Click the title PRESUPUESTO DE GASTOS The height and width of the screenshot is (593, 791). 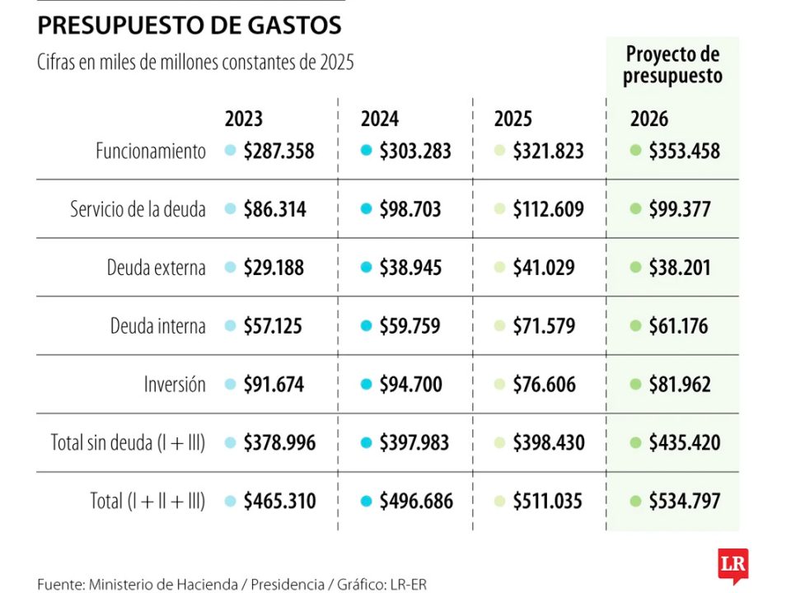pyautogui.click(x=189, y=26)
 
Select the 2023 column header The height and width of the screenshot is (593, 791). pyautogui.click(x=244, y=119)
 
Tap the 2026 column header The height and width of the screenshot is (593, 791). pyautogui.click(x=649, y=119)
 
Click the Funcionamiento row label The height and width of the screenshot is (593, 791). pyautogui.click(x=150, y=152)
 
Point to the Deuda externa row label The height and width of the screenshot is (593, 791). pyautogui.click(x=156, y=268)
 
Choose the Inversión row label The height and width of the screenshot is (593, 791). pyautogui.click(x=175, y=385)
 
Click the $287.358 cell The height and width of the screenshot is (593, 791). pyautogui.click(x=278, y=152)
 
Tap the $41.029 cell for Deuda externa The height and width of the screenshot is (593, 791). pyautogui.click(x=544, y=268)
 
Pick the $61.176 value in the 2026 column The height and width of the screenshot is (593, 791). pyautogui.click(x=678, y=327)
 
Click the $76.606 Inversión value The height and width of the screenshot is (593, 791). pyautogui.click(x=544, y=385)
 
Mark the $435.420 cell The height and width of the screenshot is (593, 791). pyautogui.click(x=684, y=443)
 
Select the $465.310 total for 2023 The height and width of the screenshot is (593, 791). pyautogui.click(x=279, y=502)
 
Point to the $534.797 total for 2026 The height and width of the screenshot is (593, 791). pyautogui.click(x=684, y=502)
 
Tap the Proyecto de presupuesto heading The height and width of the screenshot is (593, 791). pyautogui.click(x=672, y=65)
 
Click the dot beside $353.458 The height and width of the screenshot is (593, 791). pyautogui.click(x=634, y=152)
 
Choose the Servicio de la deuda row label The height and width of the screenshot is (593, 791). pyautogui.click(x=138, y=210)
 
